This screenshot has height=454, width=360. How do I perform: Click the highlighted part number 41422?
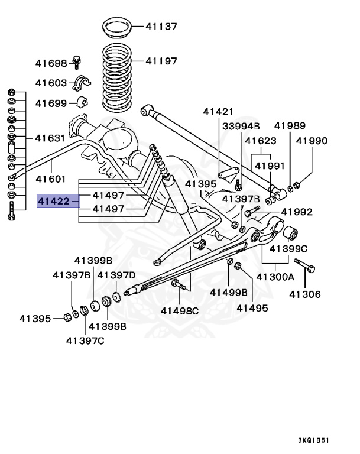pyautogui.click(x=54, y=202)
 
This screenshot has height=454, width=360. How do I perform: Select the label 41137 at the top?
pyautogui.click(x=161, y=26)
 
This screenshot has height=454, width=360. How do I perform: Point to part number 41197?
pyautogui.click(x=161, y=60)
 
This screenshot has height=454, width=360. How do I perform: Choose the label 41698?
pyautogui.click(x=51, y=63)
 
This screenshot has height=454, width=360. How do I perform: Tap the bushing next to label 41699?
pyautogui.click(x=82, y=102)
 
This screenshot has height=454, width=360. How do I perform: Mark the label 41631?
pyautogui.click(x=51, y=138)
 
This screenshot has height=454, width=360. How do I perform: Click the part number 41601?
pyautogui.click(x=51, y=179)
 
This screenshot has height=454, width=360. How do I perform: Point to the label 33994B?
pyautogui.click(x=241, y=126)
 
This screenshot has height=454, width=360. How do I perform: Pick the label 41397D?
pyautogui.click(x=116, y=275)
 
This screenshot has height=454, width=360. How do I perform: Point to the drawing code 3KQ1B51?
pyautogui.click(x=314, y=440)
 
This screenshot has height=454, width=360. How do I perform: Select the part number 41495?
pyautogui.click(x=252, y=307)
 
